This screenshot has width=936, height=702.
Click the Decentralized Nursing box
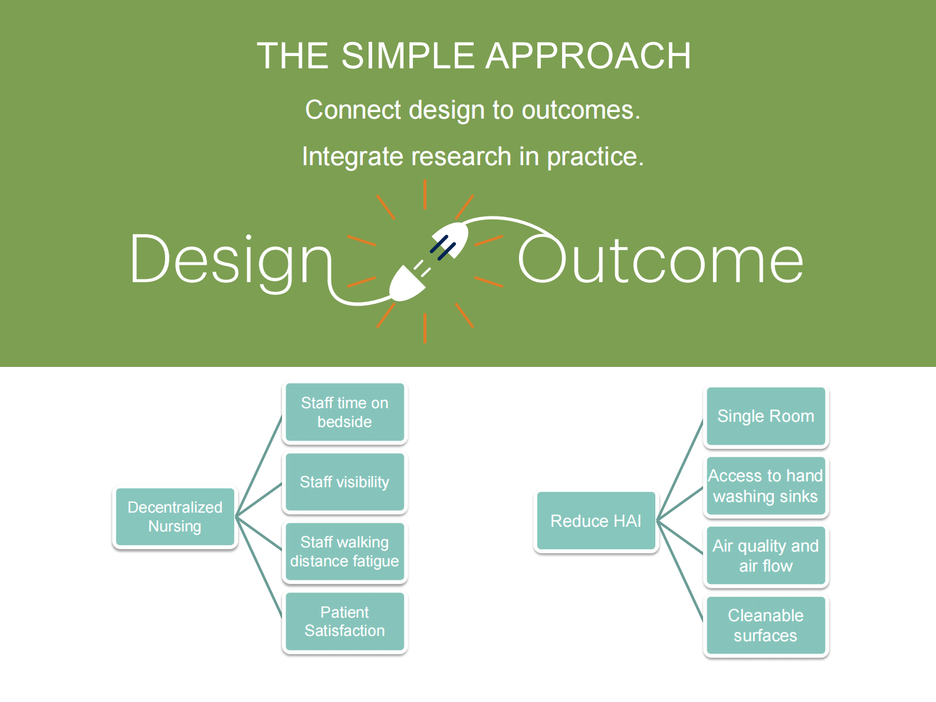click(x=175, y=517)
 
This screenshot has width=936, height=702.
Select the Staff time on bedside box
click(x=344, y=412)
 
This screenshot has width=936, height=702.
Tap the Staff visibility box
click(x=344, y=482)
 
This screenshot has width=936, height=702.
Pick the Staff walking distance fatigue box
click(x=344, y=552)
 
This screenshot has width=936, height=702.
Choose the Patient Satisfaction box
click(x=344, y=621)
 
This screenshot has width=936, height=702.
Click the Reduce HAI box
click(x=596, y=521)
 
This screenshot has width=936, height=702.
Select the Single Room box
click(x=766, y=416)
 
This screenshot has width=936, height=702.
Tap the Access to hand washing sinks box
click(x=766, y=486)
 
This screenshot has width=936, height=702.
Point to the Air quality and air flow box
click(x=766, y=556)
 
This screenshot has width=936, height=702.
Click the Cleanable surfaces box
click(x=766, y=625)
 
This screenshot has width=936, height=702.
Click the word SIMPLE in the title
click(x=408, y=56)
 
